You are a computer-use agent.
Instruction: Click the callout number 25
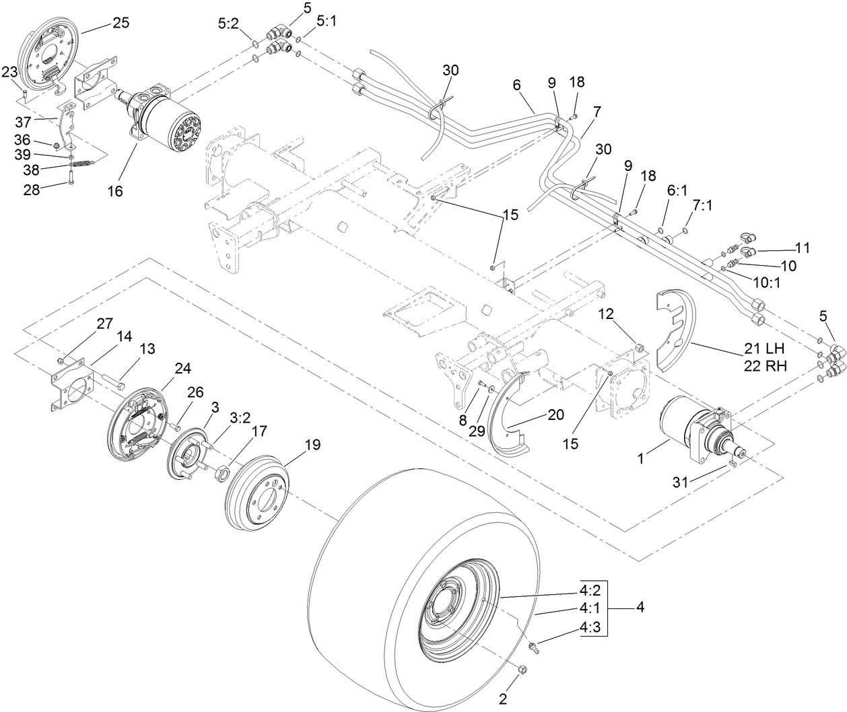coord(121,22)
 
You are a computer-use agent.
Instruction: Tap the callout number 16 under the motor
coord(115,191)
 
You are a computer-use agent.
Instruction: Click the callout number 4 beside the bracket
coord(640,608)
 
